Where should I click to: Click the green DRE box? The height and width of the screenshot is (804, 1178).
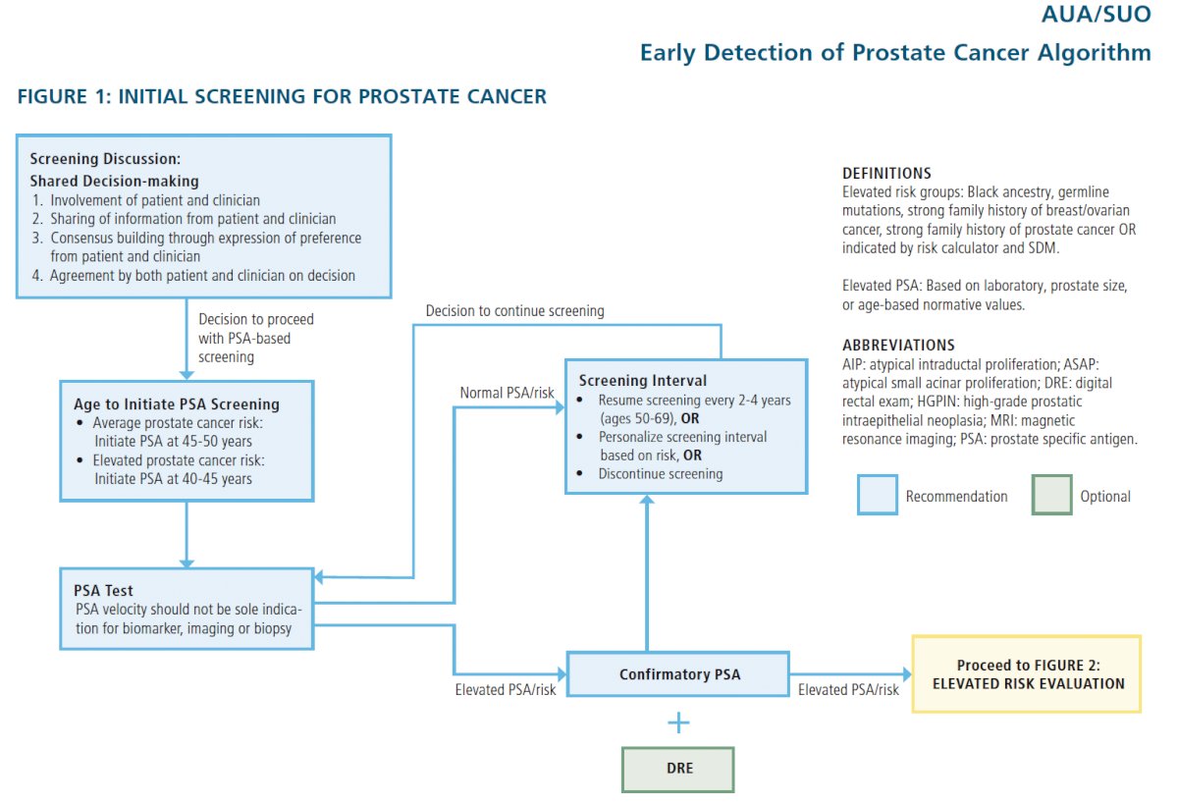(x=678, y=770)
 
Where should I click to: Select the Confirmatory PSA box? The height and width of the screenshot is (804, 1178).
(x=678, y=674)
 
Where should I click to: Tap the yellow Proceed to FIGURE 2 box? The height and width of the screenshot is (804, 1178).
(x=1027, y=674)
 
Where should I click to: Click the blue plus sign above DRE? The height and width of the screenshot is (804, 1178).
(x=678, y=723)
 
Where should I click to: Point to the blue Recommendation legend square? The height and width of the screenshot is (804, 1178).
(x=878, y=495)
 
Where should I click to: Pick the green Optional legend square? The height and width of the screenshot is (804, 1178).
(x=1051, y=495)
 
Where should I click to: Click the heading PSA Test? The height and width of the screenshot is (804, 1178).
(x=103, y=591)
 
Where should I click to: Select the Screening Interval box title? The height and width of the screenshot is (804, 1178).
(x=643, y=380)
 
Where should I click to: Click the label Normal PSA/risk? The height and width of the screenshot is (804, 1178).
(x=507, y=393)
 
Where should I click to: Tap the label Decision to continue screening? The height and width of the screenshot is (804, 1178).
(x=514, y=311)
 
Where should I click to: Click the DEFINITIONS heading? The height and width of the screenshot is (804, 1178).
(x=886, y=173)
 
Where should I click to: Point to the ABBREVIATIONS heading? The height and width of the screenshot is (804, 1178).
(x=898, y=345)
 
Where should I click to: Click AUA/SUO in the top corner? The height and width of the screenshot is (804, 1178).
(x=1096, y=14)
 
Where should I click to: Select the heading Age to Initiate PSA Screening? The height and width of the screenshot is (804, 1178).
(x=177, y=403)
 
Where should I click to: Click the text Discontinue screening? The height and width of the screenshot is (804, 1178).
(x=661, y=474)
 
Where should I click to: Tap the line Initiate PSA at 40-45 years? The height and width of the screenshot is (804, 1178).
(x=173, y=479)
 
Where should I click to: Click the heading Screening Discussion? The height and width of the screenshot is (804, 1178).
(x=105, y=159)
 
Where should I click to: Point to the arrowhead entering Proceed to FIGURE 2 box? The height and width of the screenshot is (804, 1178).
(x=907, y=674)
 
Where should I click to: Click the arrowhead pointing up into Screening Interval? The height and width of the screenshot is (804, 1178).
(x=647, y=499)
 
